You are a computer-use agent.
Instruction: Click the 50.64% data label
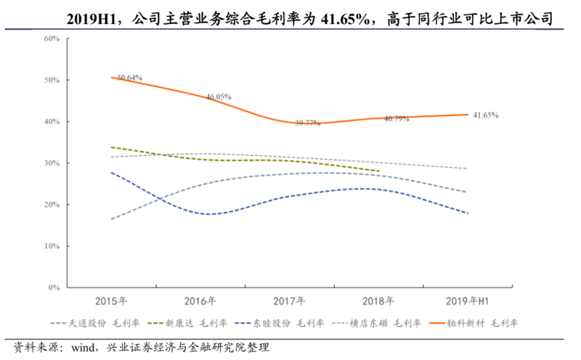(129, 77)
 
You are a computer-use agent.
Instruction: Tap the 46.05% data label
(218, 97)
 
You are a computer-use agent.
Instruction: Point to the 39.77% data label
(308, 123)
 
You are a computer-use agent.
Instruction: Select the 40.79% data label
(397, 118)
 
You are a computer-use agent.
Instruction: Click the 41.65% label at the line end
(485, 115)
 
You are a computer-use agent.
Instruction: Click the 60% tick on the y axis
(52, 38)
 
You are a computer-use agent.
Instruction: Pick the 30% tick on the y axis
(52, 163)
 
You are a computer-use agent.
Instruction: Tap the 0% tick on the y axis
(54, 288)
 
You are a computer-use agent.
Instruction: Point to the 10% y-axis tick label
(52, 247)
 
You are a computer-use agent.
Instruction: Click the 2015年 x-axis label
(112, 300)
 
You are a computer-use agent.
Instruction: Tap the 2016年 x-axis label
(201, 300)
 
